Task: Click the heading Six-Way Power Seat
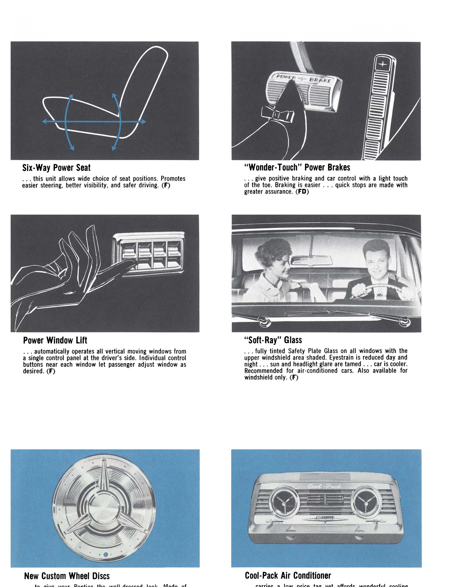click(56, 168)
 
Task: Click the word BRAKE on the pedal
click(320, 80)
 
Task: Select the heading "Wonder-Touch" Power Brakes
click(297, 167)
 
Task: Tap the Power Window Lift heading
click(55, 340)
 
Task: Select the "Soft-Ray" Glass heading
click(273, 340)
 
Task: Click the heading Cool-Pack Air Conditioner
click(288, 575)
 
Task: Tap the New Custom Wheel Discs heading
click(67, 576)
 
